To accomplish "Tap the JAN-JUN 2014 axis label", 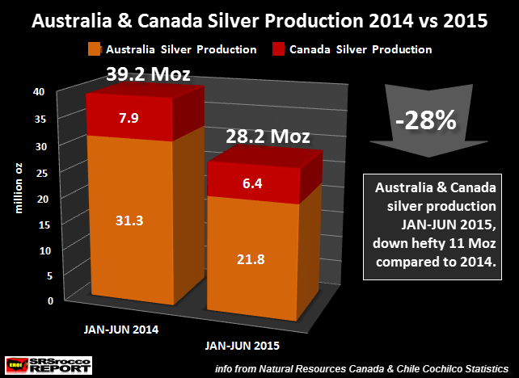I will (124, 330).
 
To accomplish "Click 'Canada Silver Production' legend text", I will (363, 50).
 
